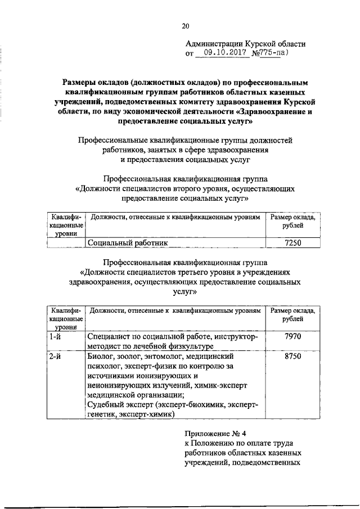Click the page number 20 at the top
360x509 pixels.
(x=186, y=25)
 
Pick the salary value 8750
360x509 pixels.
(x=293, y=357)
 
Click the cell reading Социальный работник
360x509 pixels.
(x=127, y=243)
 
